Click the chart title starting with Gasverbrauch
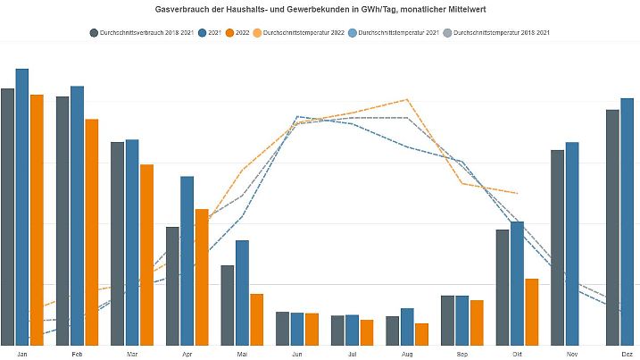point(320,9)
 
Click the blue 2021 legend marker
point(203,33)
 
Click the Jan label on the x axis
point(22,354)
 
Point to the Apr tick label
point(187,354)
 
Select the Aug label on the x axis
point(407,354)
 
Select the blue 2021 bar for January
point(22,205)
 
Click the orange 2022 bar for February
point(92,232)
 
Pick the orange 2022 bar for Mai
point(256,320)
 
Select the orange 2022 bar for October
point(532,312)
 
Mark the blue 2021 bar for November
point(572,243)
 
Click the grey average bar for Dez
point(612,228)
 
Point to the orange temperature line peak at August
point(407,99)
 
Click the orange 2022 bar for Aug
point(421,334)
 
